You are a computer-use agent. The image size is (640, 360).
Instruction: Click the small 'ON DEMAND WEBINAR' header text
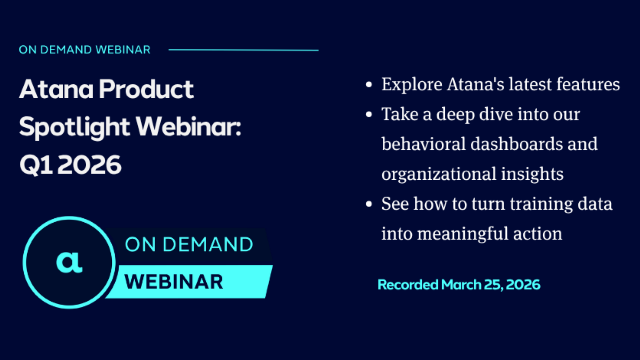(x=86, y=49)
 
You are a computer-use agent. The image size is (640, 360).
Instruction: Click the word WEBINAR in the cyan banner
(x=174, y=282)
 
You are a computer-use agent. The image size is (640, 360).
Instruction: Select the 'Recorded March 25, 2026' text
(x=459, y=285)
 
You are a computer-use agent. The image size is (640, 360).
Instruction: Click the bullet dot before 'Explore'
(x=371, y=85)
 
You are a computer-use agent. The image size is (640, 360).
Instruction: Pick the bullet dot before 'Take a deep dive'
(x=371, y=115)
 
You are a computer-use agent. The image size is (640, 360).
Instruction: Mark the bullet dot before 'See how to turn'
(x=371, y=205)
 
